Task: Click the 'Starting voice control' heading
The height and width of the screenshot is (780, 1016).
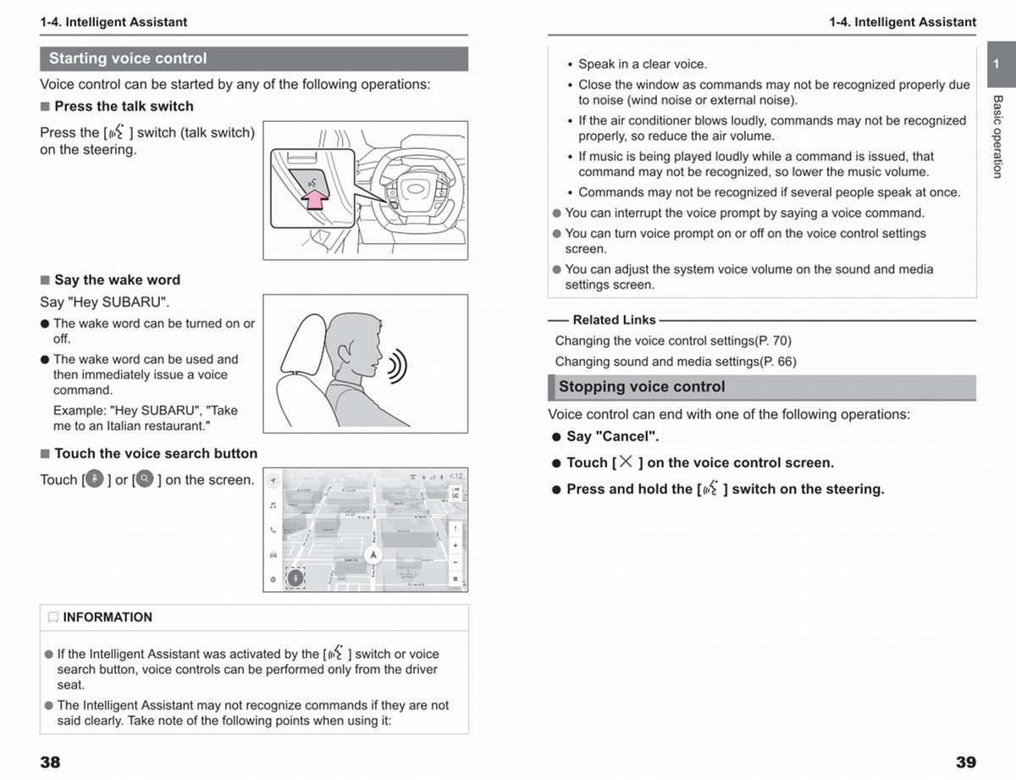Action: point(128,58)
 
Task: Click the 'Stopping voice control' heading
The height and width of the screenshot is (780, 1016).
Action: point(642,387)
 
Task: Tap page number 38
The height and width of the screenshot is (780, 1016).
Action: point(50,762)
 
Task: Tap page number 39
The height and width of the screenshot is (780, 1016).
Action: point(965,762)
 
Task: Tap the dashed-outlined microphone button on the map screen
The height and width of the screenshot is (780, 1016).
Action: point(295,578)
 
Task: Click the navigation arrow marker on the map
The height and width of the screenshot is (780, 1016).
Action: point(373,555)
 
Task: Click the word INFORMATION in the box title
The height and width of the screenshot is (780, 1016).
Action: point(108,617)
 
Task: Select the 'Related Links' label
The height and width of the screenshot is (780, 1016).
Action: point(614,320)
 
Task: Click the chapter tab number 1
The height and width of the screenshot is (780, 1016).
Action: point(997,64)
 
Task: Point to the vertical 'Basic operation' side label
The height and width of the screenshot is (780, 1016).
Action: point(997,136)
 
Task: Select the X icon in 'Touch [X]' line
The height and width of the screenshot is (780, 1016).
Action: point(626,462)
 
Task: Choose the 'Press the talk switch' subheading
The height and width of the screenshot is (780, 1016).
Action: point(124,107)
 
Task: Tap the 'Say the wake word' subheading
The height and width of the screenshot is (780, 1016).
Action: point(117,280)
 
